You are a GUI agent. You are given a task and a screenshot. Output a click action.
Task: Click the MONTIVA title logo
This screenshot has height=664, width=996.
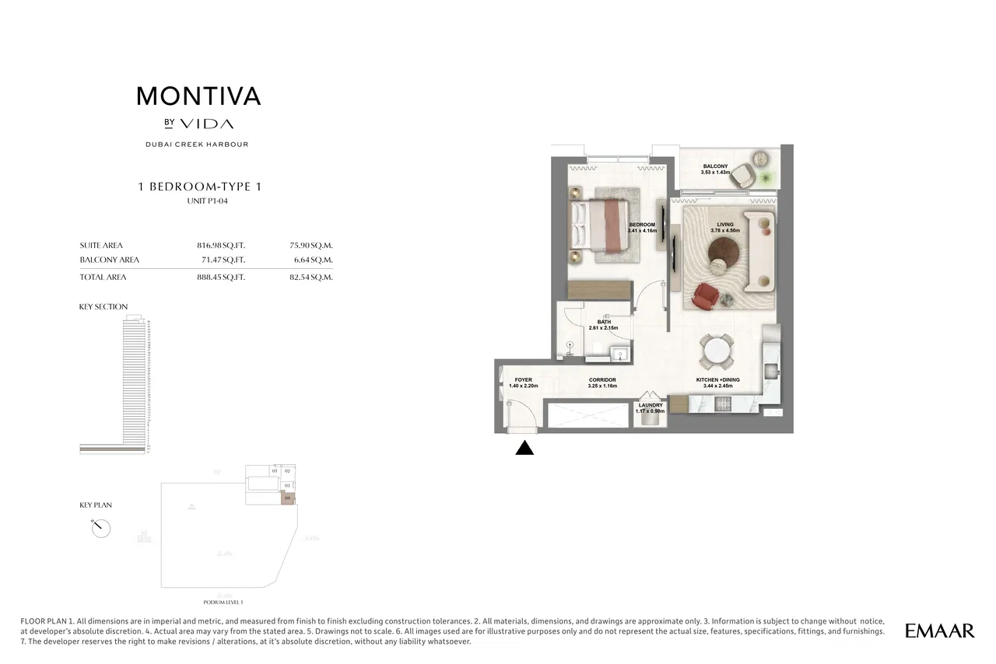point(198,96)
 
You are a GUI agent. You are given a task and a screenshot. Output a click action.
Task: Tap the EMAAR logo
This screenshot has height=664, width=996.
point(939,631)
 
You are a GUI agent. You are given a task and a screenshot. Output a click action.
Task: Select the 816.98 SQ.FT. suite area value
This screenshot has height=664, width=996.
point(221,245)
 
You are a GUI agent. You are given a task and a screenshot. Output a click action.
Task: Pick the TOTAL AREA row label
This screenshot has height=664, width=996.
point(103,277)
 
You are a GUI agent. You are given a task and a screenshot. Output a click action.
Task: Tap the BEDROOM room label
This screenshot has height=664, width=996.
point(642,225)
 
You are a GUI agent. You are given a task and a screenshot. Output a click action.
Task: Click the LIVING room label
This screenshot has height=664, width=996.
point(725,225)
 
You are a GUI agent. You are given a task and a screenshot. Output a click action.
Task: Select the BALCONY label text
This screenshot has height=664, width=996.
point(715,166)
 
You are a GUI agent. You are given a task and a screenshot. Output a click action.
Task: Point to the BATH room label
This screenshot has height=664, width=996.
point(604,322)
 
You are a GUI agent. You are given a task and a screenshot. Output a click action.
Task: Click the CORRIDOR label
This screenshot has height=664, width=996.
point(602,380)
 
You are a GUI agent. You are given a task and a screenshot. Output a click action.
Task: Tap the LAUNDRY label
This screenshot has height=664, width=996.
point(651,405)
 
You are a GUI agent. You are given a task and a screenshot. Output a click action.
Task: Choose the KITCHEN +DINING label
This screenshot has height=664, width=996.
point(717,380)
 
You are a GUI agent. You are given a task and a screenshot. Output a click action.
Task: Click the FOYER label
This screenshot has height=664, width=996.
point(523,380)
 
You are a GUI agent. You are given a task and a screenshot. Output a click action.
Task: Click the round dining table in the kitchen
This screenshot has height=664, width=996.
point(715,354)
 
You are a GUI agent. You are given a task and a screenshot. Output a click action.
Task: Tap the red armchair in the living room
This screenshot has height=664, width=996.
point(706,295)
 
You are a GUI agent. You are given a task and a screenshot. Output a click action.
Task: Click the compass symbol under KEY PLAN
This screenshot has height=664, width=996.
point(100,528)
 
